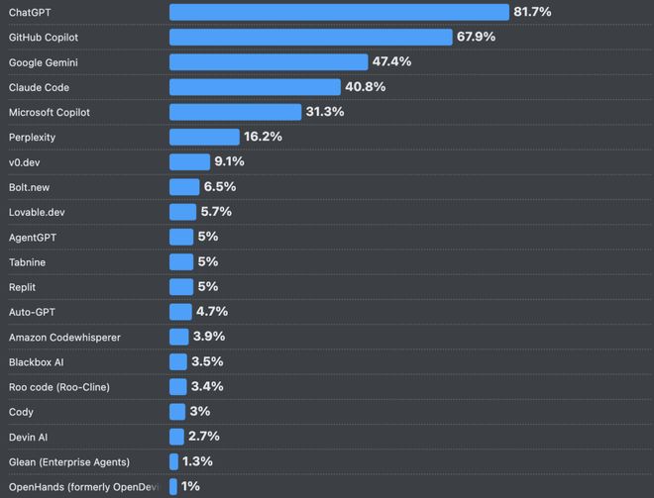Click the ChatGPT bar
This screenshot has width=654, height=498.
tap(339, 12)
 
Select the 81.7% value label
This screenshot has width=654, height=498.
tap(532, 12)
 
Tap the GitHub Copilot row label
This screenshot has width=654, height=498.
tap(57, 37)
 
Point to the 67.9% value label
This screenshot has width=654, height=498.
tap(476, 37)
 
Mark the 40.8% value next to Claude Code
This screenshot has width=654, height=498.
tap(366, 87)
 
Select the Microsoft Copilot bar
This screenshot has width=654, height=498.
tap(235, 112)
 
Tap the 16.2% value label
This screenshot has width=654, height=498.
tap(263, 137)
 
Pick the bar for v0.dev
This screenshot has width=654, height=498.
tap(189, 161)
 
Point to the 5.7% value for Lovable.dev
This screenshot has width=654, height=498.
tap(216, 212)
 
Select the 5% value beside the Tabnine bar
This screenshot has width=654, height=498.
tap(207, 261)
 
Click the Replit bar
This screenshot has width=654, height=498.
tap(181, 287)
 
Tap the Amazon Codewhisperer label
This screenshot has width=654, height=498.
tap(64, 337)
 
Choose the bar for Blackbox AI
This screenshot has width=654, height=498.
tap(178, 361)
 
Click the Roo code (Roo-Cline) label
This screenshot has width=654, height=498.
tap(59, 387)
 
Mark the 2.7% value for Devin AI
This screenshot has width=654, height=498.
tap(203, 437)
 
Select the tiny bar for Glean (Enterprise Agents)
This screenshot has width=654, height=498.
tap(173, 461)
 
